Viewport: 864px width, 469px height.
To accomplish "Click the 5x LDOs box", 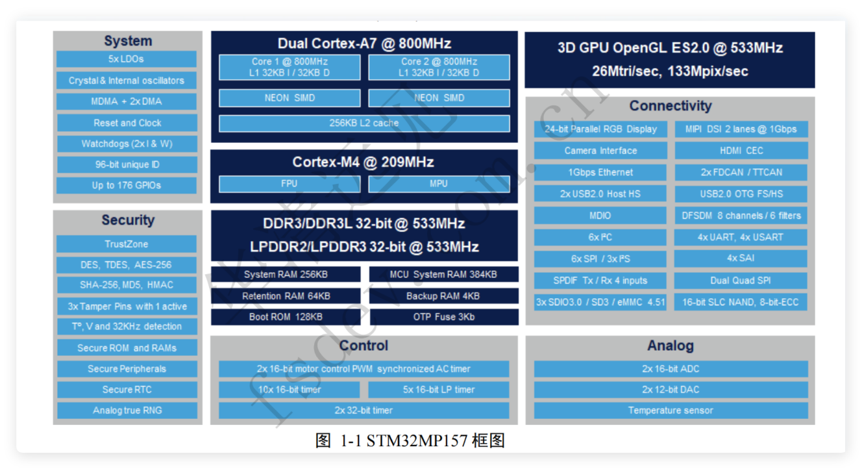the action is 126,59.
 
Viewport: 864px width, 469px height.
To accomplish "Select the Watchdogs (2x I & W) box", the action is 126,144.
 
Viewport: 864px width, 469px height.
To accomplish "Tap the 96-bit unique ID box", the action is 126,164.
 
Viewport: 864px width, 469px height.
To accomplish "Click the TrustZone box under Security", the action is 126,244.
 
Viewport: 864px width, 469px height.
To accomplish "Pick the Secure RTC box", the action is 126,390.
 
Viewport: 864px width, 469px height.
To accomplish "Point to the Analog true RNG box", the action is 126,411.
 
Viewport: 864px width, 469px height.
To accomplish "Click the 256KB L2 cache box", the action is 364,123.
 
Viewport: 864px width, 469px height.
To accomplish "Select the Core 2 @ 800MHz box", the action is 439,67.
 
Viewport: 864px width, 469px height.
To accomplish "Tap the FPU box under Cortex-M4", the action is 289,184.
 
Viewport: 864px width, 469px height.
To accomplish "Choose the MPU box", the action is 439,184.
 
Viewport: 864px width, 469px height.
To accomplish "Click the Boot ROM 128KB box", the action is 286,317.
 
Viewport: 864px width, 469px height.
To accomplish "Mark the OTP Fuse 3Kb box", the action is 443,317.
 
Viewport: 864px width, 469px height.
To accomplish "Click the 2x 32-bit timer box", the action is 364,411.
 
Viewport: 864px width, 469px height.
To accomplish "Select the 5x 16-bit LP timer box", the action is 439,390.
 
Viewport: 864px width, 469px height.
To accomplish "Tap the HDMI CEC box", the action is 741,151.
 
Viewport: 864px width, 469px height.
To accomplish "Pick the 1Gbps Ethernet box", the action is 600,173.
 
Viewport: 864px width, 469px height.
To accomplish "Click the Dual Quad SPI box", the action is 741,281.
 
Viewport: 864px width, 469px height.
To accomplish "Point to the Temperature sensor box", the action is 670,411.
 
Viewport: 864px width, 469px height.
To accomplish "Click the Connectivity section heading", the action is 670,106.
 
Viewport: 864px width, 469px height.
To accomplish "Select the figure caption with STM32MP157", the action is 410,441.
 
